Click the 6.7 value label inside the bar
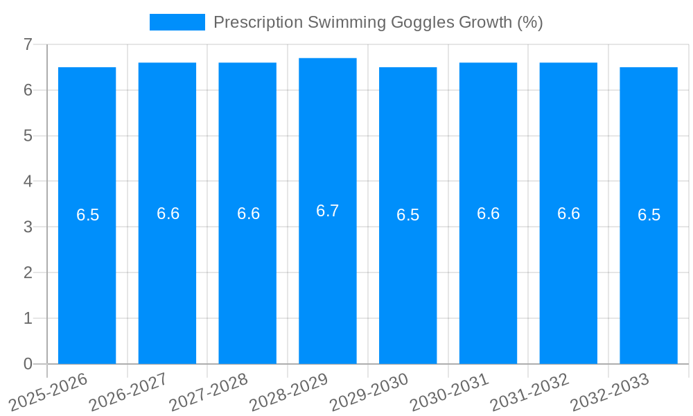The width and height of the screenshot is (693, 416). (327, 211)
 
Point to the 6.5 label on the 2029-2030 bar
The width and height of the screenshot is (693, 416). (407, 215)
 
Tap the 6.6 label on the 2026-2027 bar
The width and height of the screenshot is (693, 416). (168, 214)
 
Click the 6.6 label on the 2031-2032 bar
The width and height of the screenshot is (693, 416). (568, 214)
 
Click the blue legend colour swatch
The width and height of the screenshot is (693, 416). (177, 22)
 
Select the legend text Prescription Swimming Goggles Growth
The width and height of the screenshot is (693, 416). (378, 22)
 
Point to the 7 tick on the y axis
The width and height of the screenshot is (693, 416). (28, 44)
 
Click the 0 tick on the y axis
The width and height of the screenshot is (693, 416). (28, 364)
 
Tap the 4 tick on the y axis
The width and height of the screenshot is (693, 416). (28, 181)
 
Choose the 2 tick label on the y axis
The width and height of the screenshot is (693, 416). (28, 272)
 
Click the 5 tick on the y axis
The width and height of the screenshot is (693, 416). (28, 136)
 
